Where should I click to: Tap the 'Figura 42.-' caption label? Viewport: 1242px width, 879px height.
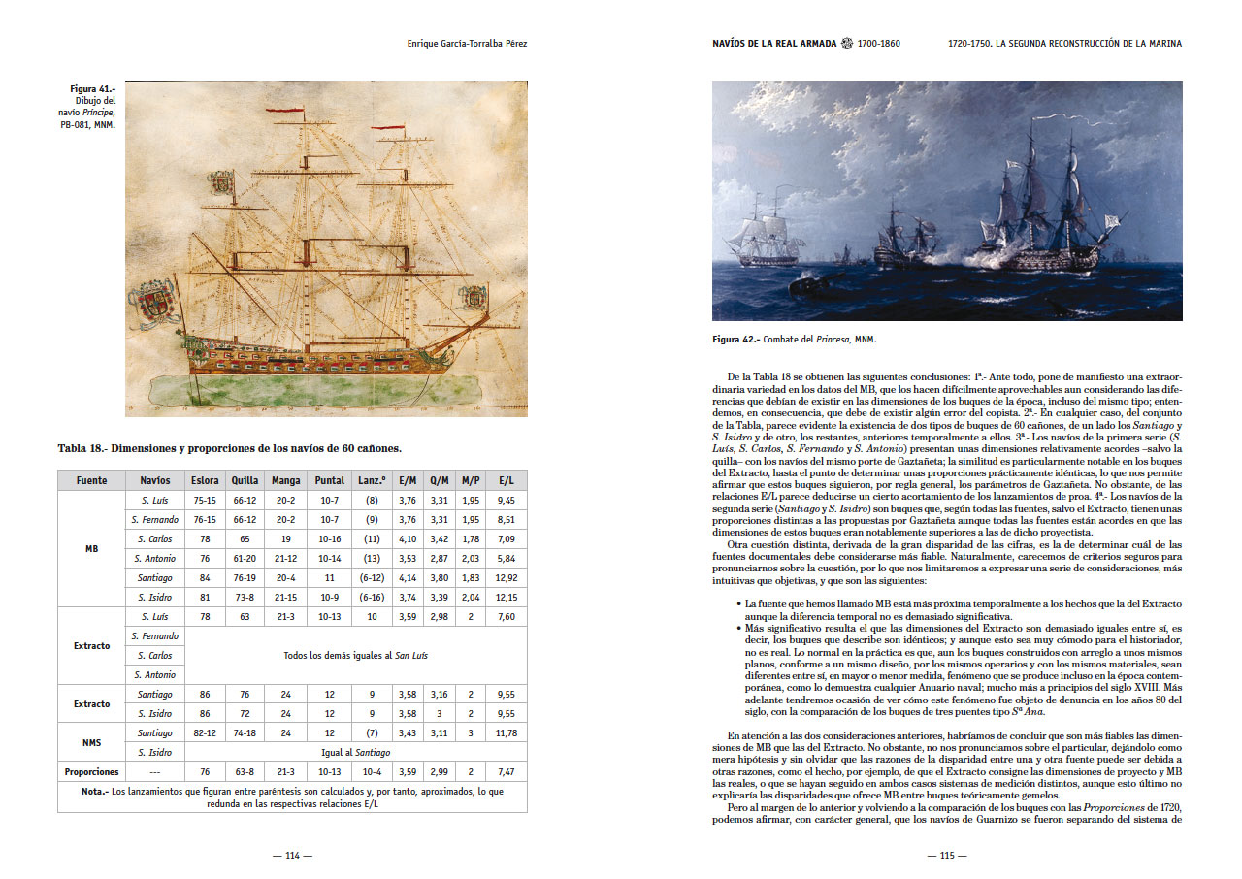[735, 340]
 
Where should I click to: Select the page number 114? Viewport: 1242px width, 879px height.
[292, 856]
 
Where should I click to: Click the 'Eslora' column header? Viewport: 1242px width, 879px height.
[204, 480]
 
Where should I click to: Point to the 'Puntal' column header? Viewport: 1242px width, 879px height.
[330, 480]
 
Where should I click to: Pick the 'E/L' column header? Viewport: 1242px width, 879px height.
[506, 480]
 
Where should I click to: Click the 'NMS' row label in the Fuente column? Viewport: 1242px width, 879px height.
[91, 743]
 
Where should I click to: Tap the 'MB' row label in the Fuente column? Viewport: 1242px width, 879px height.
[91, 548]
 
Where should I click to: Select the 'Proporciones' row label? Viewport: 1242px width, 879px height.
[91, 772]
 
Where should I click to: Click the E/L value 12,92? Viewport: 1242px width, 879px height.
[506, 577]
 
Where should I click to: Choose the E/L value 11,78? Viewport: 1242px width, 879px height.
[506, 733]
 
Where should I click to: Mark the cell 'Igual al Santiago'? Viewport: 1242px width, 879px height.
[355, 753]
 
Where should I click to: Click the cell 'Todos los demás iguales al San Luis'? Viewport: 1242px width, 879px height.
[355, 656]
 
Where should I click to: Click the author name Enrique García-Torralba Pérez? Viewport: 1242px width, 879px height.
[469, 44]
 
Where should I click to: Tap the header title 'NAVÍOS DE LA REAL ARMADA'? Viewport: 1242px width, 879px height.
[774, 44]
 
